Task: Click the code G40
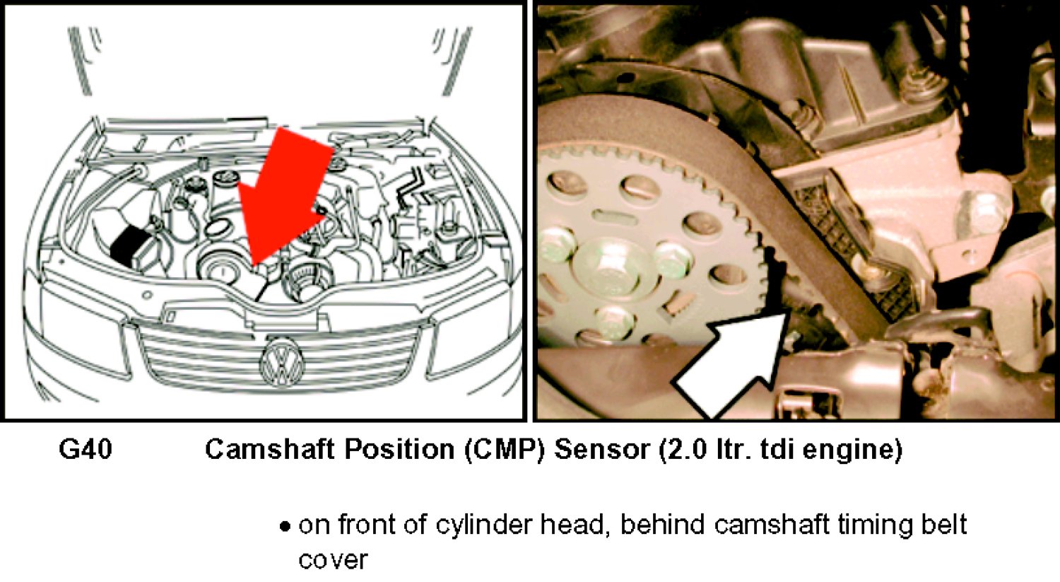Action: [86, 449]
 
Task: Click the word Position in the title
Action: [400, 450]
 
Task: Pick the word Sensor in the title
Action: [601, 450]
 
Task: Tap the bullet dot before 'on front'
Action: [284, 527]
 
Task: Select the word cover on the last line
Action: [333, 561]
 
